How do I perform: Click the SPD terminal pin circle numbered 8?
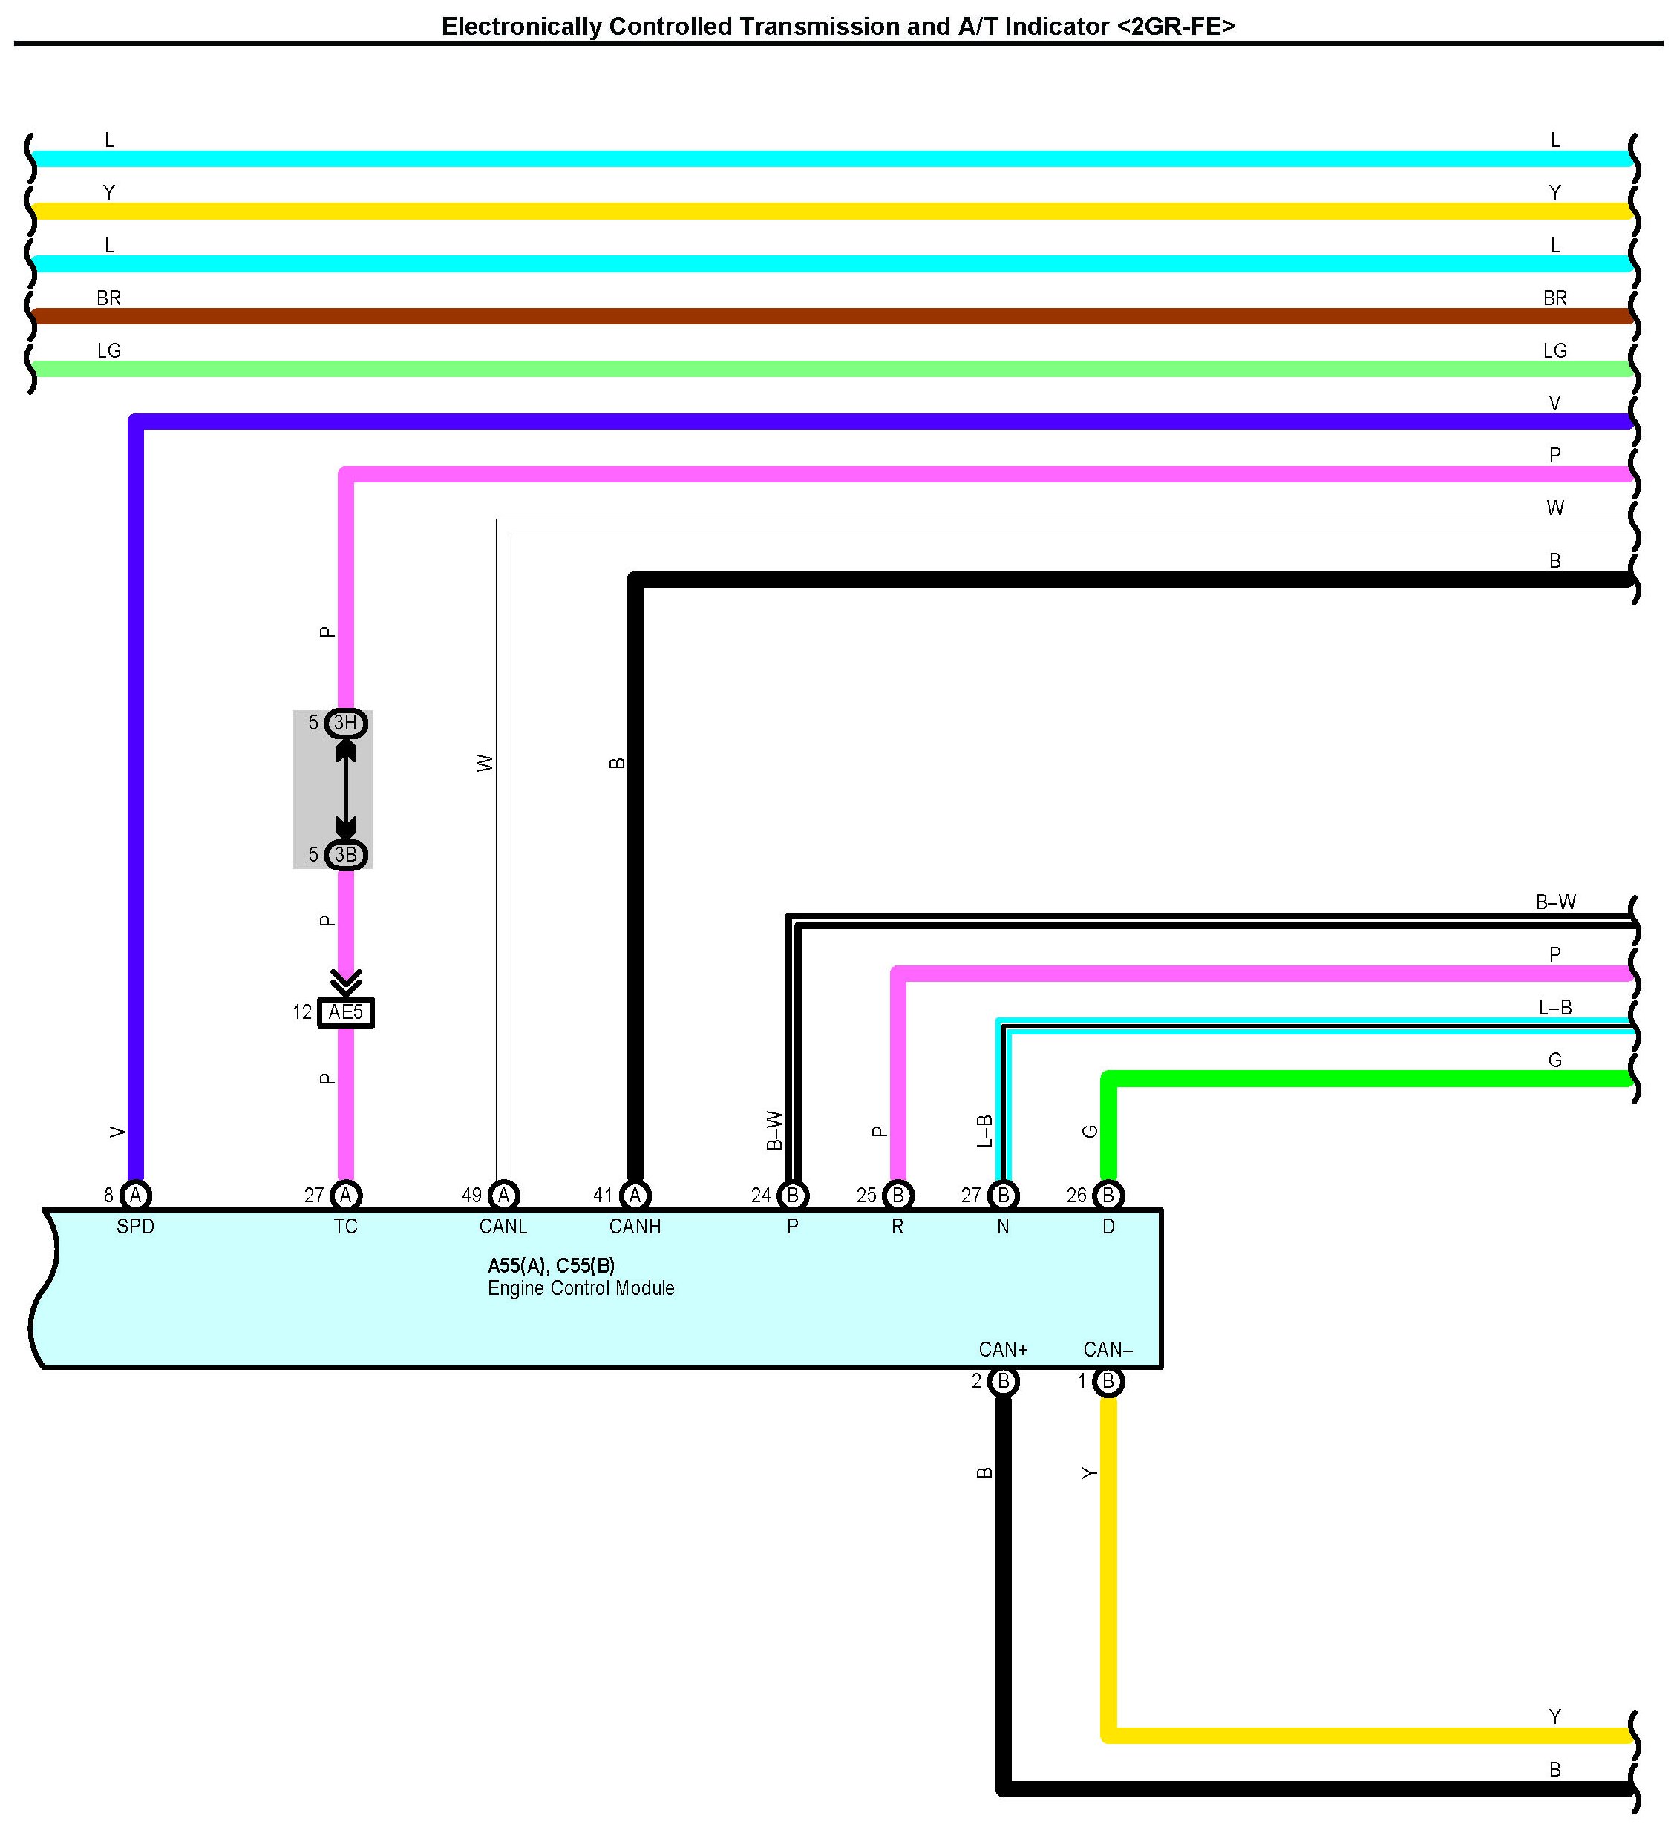click(x=136, y=1195)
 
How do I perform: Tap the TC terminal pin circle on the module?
click(x=345, y=1195)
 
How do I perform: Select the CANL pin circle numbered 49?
click(x=504, y=1195)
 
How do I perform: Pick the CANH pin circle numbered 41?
click(x=635, y=1195)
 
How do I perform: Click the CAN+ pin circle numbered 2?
click(x=1003, y=1381)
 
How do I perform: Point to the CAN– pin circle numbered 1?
click(x=1108, y=1381)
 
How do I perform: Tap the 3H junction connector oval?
click(x=345, y=723)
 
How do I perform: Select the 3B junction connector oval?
click(x=345, y=855)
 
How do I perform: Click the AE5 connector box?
click(x=345, y=1012)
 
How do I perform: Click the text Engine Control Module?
click(x=581, y=1288)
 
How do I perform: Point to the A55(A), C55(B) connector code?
click(x=551, y=1265)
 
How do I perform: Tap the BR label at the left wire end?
click(x=108, y=298)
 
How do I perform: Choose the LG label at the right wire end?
click(x=1555, y=351)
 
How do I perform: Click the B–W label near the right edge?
click(x=1556, y=902)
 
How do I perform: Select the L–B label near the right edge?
click(x=1555, y=1008)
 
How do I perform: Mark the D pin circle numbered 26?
click(x=1108, y=1195)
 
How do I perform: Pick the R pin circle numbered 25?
click(x=898, y=1195)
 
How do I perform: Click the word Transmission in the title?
click(x=818, y=27)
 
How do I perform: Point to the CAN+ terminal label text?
click(x=1003, y=1349)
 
